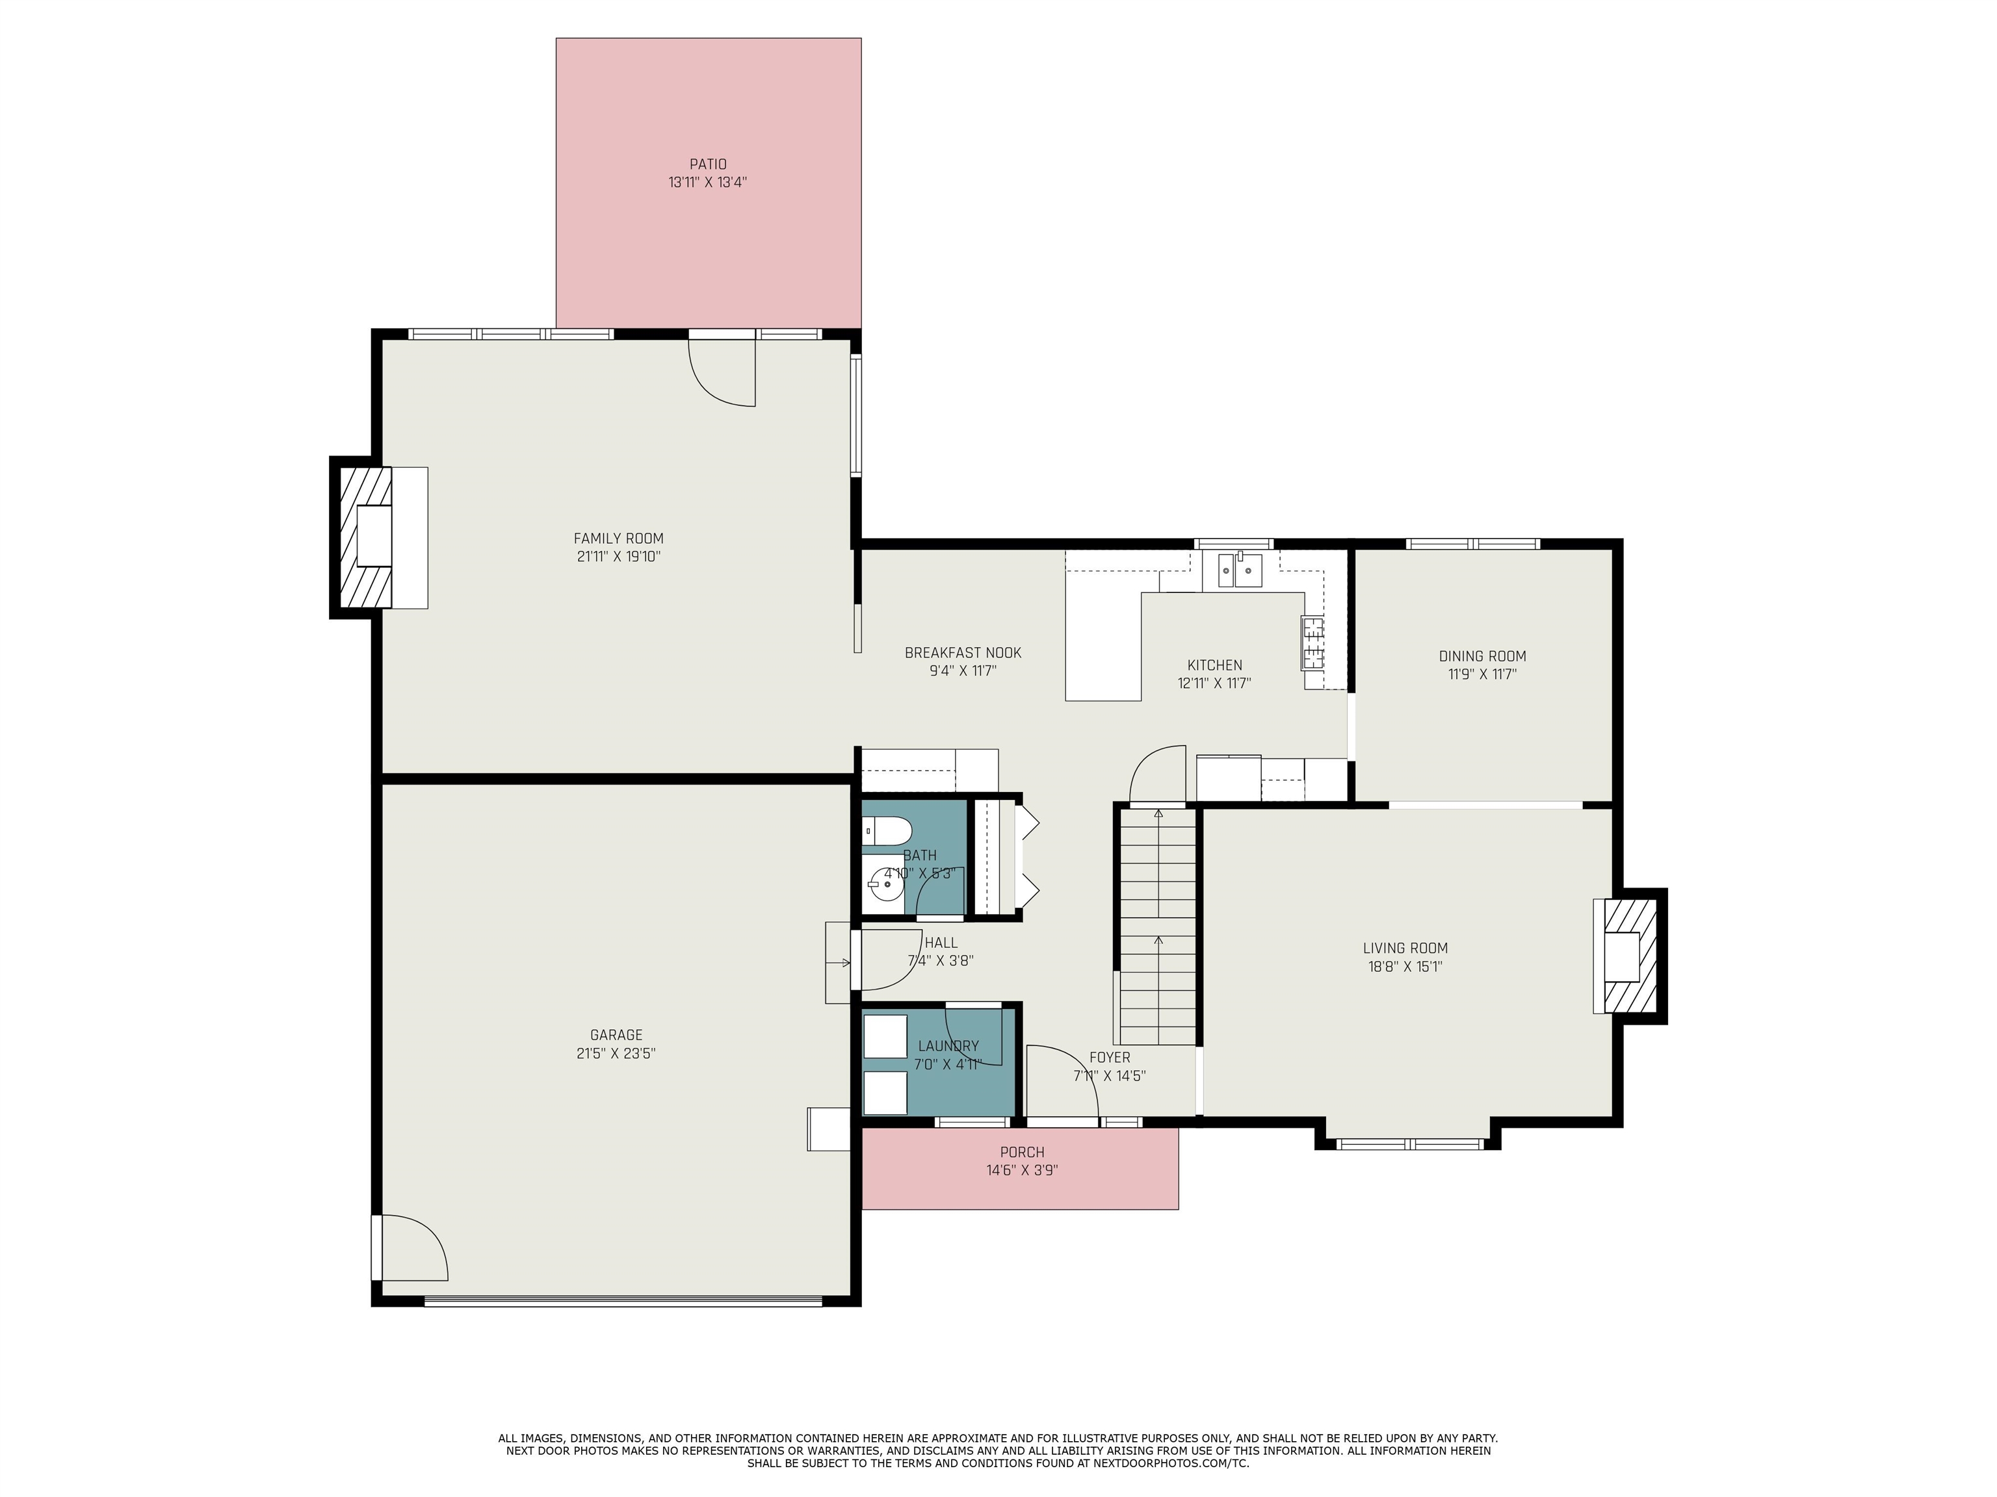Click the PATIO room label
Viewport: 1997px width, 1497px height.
click(x=708, y=164)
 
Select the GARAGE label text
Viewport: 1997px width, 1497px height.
click(x=617, y=1035)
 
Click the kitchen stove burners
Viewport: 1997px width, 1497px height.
click(x=1312, y=643)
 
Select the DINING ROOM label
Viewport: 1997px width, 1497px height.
click(x=1482, y=656)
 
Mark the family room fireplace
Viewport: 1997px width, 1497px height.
click(x=378, y=538)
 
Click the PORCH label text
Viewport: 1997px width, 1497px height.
click(x=1022, y=1152)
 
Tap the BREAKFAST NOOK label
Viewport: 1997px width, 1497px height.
click(x=963, y=652)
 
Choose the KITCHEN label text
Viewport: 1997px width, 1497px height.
click(x=1214, y=665)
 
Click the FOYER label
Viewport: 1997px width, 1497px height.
click(x=1110, y=1058)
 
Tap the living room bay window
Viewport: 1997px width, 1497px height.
click(x=1409, y=1144)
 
